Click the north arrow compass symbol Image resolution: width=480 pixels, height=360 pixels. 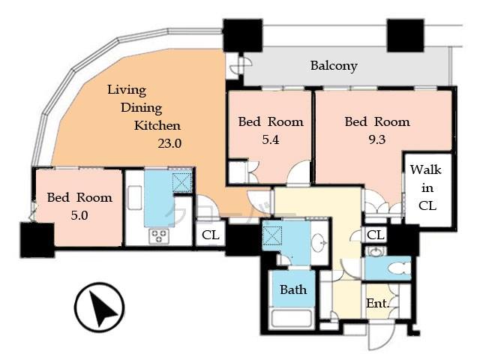point(100,307)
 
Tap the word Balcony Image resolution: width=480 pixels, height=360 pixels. point(334,66)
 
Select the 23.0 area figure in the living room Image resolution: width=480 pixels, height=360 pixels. point(169,141)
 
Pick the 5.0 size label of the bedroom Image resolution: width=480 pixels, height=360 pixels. point(79,214)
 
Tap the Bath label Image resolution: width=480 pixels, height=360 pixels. point(292,289)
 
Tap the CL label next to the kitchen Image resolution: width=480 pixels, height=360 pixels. point(211,235)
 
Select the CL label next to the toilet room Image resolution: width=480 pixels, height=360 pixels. point(376,235)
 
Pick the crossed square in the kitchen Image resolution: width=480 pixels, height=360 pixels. point(182,182)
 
